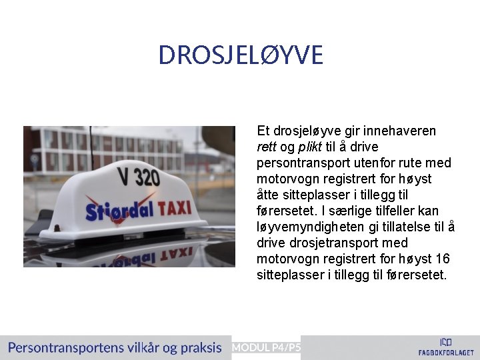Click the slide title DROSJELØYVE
pyautogui.click(x=240, y=55)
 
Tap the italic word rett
pyautogui.click(x=266, y=147)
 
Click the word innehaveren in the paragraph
pyautogui.click(x=398, y=131)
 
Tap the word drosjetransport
pyautogui.click(x=329, y=243)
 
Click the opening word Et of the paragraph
pyautogui.click(x=263, y=131)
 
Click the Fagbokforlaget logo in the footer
pyautogui.click(x=446, y=346)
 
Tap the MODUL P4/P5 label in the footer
pyautogui.click(x=266, y=347)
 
